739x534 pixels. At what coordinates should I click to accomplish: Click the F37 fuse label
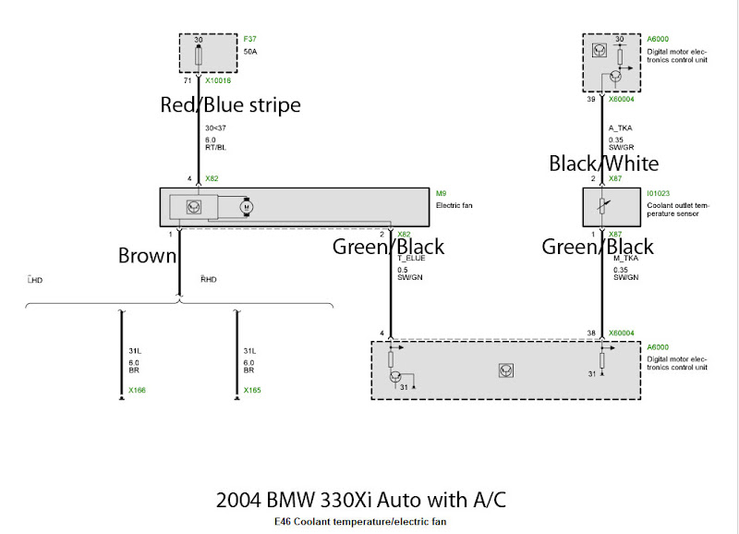(x=249, y=40)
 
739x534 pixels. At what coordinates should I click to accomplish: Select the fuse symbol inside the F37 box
(x=200, y=55)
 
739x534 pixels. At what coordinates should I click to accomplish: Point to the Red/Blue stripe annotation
(x=230, y=105)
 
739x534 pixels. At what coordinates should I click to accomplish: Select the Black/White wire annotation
(x=603, y=164)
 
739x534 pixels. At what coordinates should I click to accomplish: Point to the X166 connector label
(x=137, y=391)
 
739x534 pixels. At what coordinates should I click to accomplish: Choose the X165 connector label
(x=252, y=391)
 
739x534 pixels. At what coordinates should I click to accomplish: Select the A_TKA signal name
(x=619, y=128)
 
